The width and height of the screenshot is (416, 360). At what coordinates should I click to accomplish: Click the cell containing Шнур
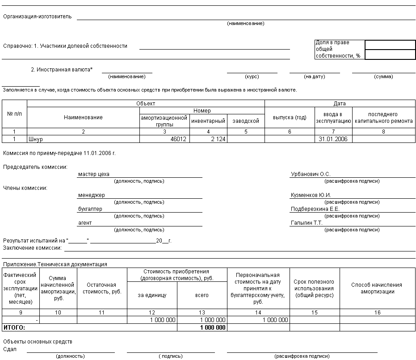coord(36,139)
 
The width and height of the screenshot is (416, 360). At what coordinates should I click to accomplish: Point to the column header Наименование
coord(83,117)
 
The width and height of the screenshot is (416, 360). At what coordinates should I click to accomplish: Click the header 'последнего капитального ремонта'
coord(383,117)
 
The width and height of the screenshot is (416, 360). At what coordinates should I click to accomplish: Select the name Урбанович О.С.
coord(310,174)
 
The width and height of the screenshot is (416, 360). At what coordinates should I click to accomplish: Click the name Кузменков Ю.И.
coord(311,195)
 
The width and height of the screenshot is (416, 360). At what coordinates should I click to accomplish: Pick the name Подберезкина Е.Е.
coord(315,209)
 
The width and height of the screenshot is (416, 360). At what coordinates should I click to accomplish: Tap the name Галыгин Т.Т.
coord(307,222)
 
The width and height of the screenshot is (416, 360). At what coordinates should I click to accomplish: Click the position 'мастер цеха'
coord(93,174)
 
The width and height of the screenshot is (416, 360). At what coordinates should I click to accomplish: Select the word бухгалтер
coord(90,209)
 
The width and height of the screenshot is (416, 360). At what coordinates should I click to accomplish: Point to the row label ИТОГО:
coord(14,327)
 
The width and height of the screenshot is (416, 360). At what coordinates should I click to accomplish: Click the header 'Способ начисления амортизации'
coord(377,288)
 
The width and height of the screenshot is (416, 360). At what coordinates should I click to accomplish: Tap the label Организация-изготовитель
coord(37,17)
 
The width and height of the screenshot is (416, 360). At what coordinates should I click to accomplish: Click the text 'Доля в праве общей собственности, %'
coord(338,49)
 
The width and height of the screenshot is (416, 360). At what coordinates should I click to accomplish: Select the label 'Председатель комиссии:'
coord(35,167)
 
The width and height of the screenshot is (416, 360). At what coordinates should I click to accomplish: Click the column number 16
coord(377,313)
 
